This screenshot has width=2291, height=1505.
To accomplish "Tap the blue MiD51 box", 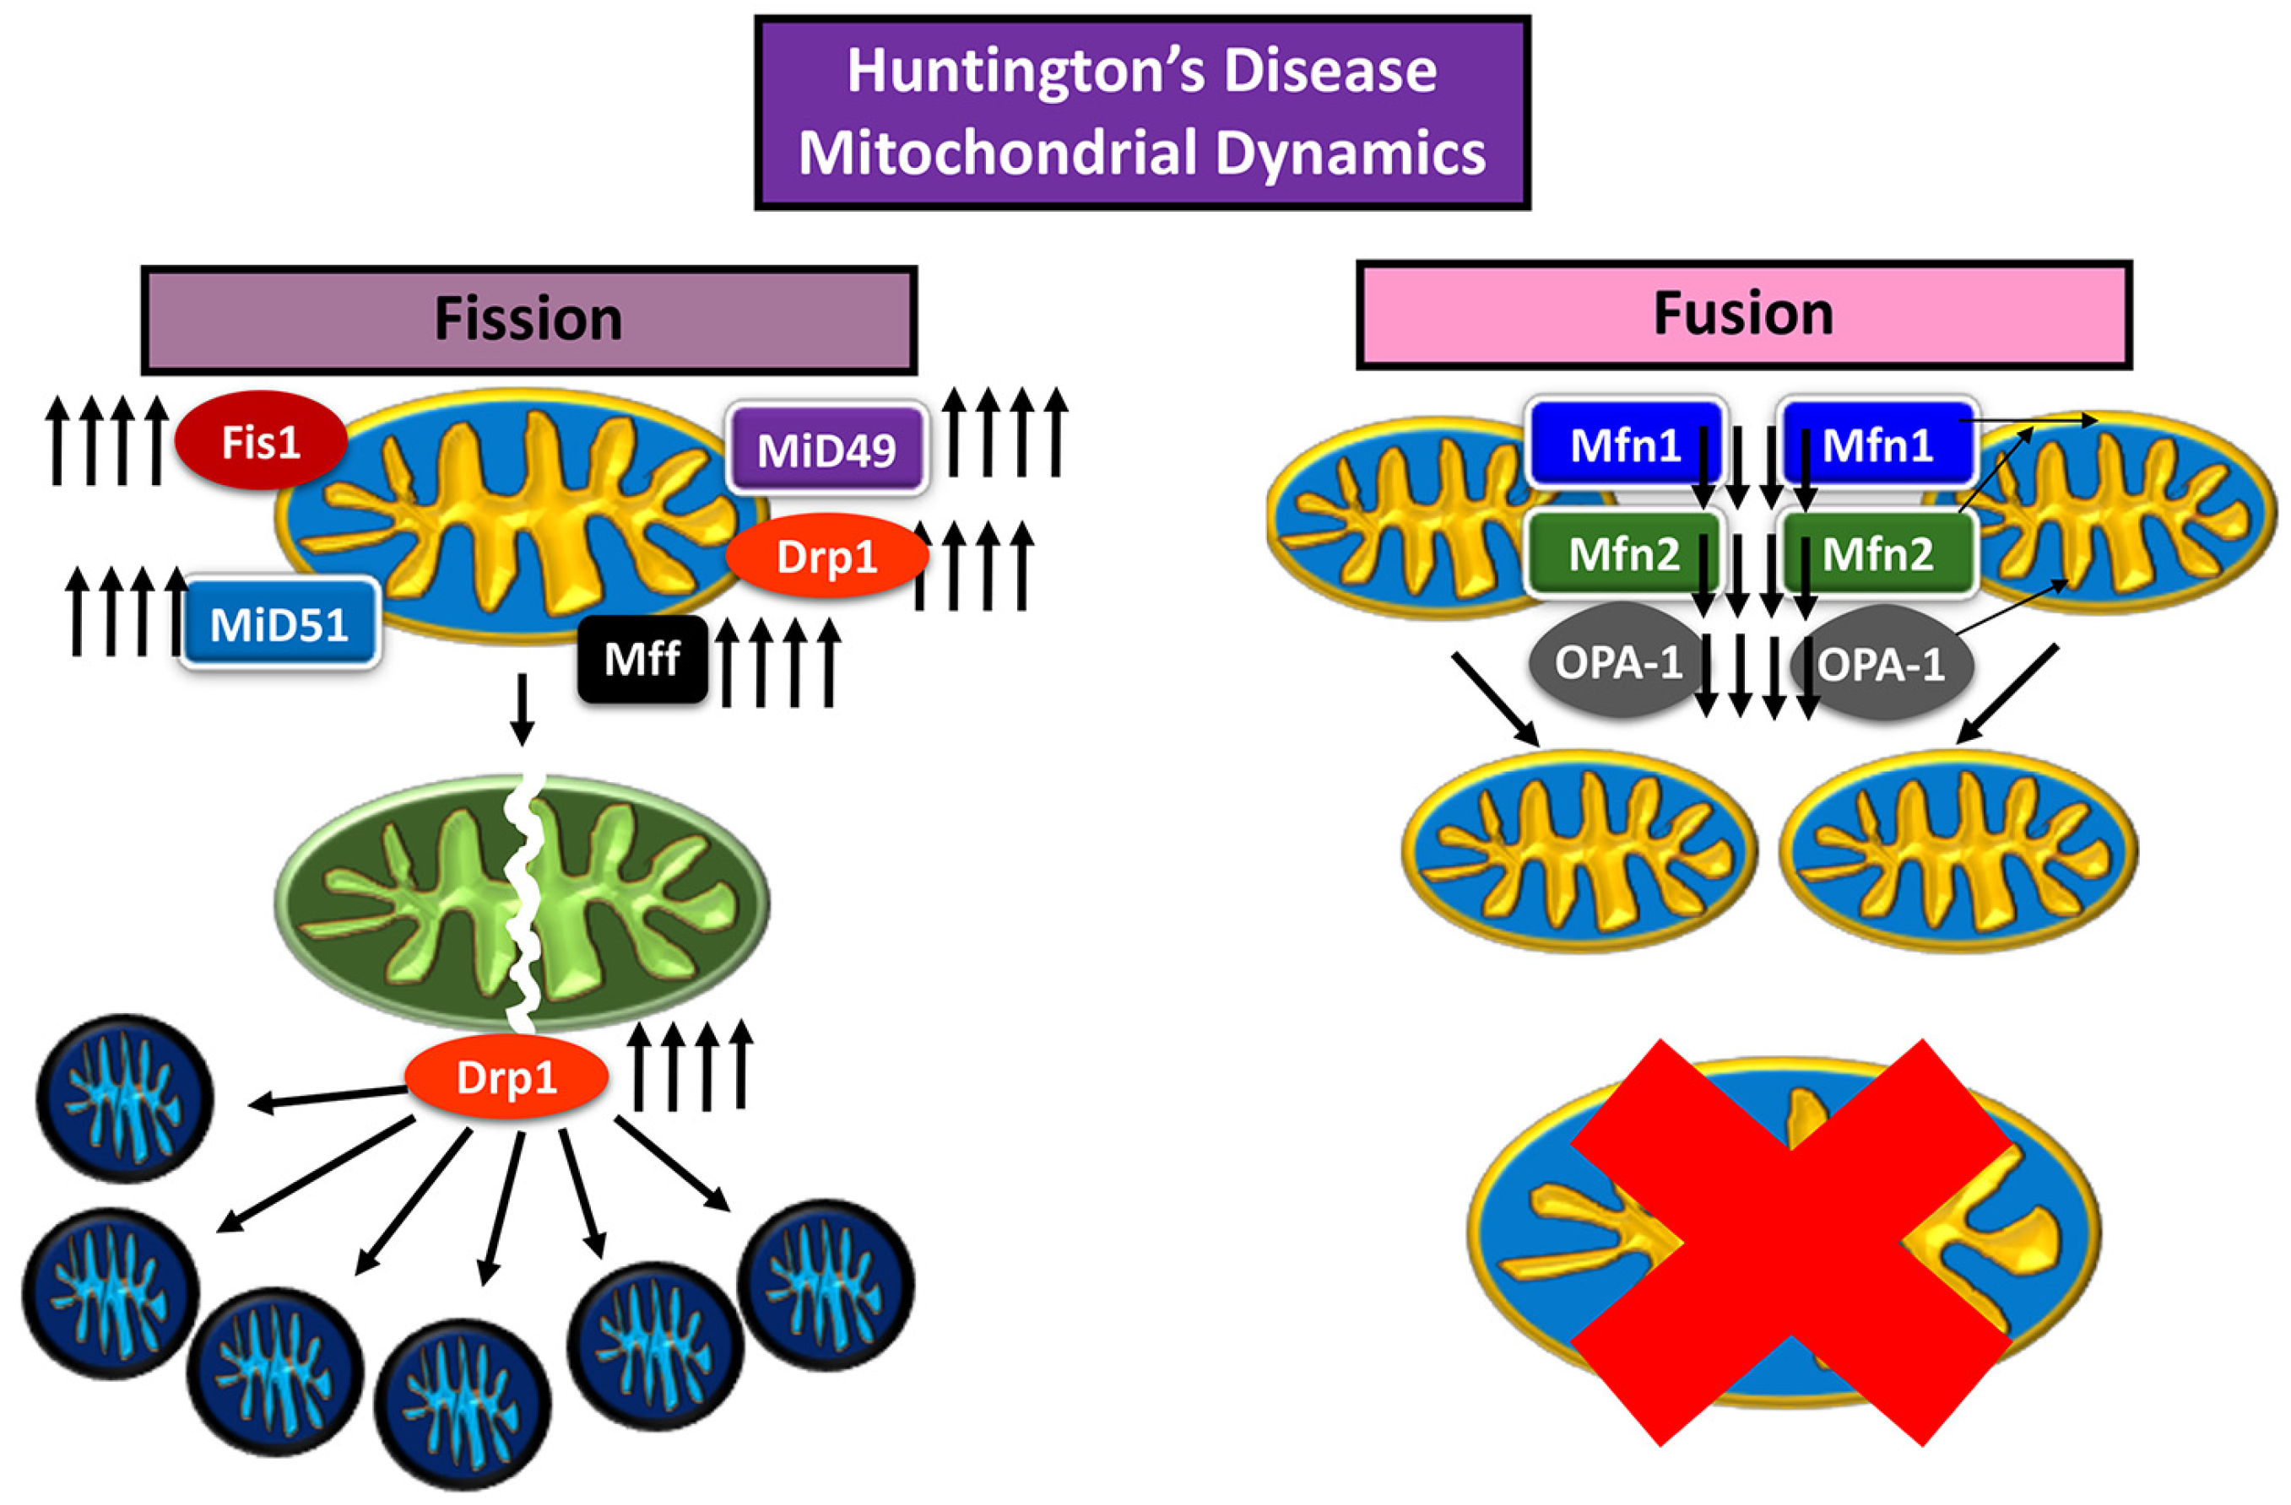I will coord(280,624).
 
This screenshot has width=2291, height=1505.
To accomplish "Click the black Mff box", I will coord(642,660).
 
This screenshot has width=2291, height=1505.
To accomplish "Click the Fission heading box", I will coord(528,320).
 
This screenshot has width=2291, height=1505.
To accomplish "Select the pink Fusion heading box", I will coord(1743,315).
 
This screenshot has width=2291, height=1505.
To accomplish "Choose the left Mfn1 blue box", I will coord(1625,445).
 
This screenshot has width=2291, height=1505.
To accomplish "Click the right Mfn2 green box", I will coord(1877,554).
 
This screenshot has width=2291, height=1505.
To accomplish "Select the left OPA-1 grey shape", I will coord(1617,662).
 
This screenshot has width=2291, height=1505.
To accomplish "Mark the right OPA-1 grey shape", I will coord(1879,664).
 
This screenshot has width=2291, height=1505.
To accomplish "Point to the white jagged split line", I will coord(524,904).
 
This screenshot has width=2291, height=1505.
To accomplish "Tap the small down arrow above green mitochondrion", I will coord(522,710).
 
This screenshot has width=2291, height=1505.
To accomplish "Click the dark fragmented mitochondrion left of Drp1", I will coord(125,1098).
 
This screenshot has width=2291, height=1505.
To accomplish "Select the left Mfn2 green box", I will coord(1625,554).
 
